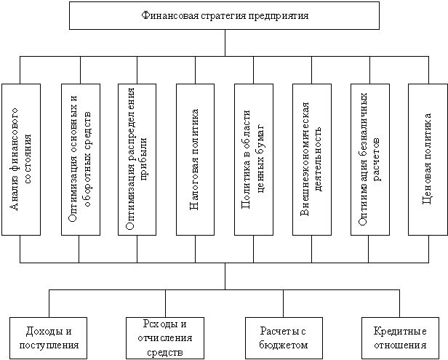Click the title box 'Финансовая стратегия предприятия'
click(224, 15)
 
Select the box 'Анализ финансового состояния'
click(21, 159)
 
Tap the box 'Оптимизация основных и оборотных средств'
click(81, 159)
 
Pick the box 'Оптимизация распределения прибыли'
click(137, 159)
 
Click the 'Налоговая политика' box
click(196, 159)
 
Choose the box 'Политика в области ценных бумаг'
click(254, 159)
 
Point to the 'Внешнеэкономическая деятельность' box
click(312, 159)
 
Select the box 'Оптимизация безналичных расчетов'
click(370, 159)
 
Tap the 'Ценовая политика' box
click(428, 159)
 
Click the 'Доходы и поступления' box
click(48, 338)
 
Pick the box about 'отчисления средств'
click(165, 338)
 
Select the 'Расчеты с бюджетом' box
click(284, 338)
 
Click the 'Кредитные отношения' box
click(400, 338)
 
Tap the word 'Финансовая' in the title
click(170, 15)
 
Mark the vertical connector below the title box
click(225, 43)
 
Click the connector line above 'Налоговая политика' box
click(196, 70)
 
